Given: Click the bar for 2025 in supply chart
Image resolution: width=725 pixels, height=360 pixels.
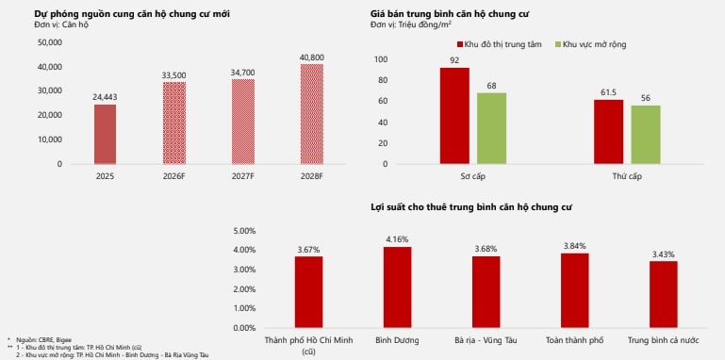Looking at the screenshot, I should tap(106, 134).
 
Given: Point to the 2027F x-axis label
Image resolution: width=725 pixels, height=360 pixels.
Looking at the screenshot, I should tap(243, 175).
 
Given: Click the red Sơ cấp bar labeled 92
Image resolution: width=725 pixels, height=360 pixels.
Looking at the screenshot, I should tap(454, 116).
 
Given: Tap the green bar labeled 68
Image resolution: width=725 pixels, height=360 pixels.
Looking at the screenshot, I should tap(491, 128).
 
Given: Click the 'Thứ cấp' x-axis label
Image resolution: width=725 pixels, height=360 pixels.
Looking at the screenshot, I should tap(627, 175).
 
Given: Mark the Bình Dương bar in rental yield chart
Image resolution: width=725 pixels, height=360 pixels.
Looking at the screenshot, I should tap(397, 287).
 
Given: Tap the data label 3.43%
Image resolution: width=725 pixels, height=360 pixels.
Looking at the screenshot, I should tap(664, 254).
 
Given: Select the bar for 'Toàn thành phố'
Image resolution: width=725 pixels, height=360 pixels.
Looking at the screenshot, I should tap(575, 290).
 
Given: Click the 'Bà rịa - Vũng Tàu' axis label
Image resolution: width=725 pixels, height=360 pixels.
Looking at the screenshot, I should tap(486, 339).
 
